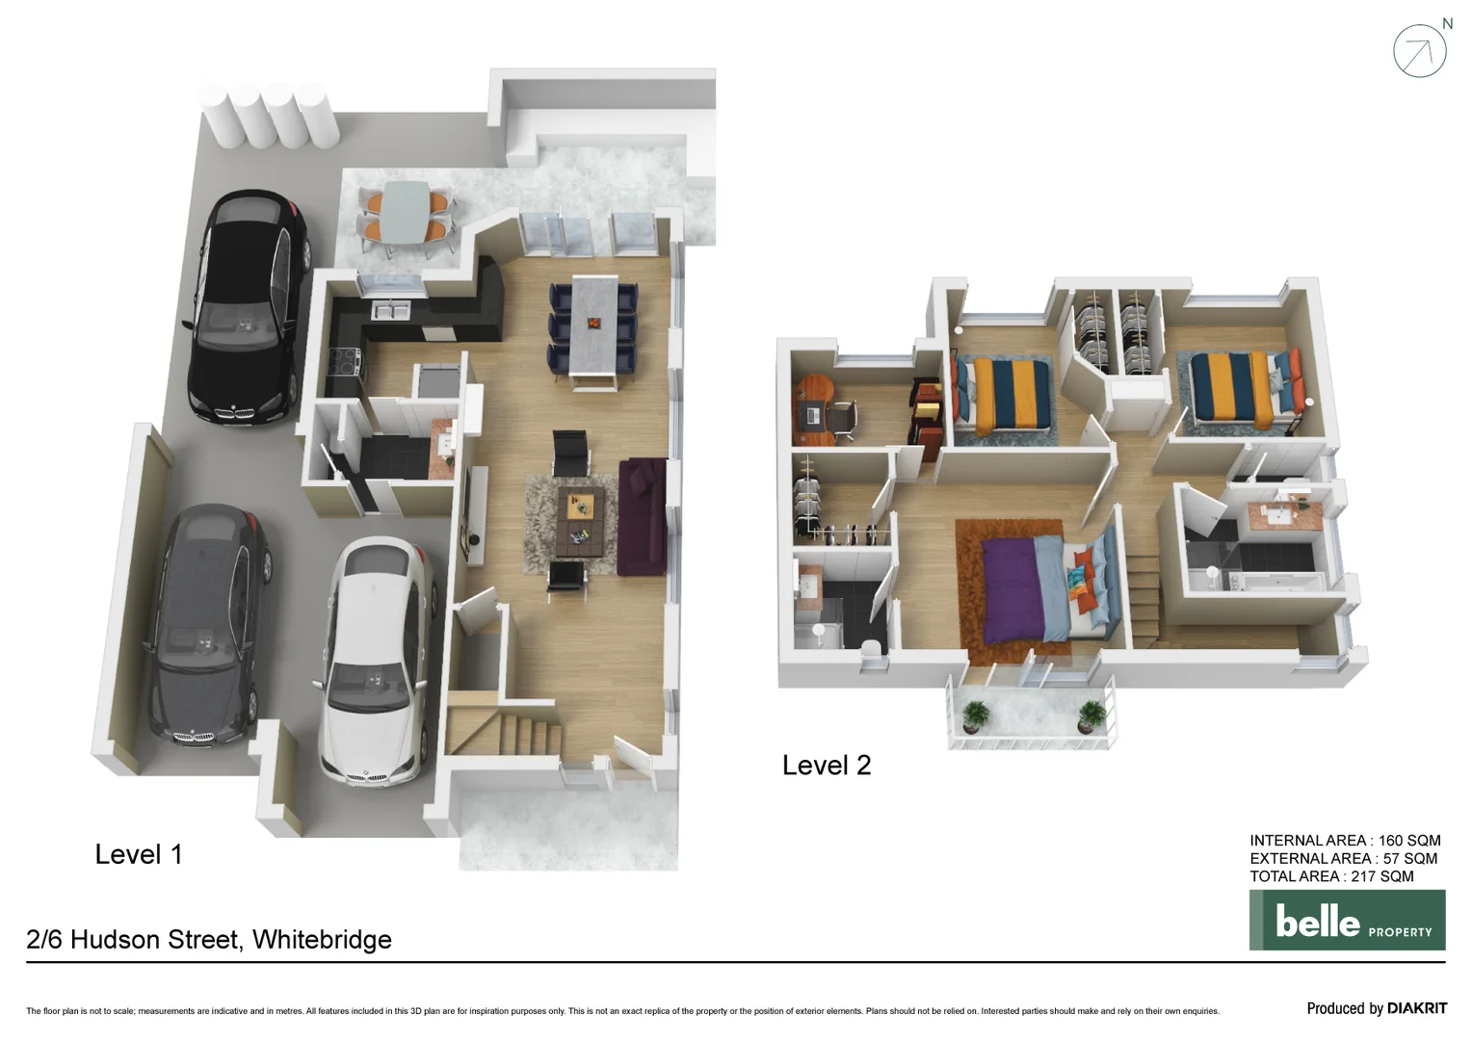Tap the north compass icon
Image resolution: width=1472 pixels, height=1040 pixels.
[1419, 51]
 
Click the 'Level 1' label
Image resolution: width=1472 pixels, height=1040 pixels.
[138, 854]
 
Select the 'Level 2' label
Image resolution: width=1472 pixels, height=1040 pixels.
[826, 766]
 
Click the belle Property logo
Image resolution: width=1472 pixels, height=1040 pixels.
[1347, 921]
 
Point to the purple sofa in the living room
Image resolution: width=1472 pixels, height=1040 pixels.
[642, 516]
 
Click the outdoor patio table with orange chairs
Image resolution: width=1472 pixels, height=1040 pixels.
[405, 214]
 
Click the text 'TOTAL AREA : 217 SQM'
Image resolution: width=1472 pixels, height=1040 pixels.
[1331, 876]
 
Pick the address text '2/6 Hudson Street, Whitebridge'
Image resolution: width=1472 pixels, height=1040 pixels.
[209, 940]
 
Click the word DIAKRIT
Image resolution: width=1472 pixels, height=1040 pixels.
[1416, 1008]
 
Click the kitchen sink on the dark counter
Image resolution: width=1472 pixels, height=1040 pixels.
[391, 311]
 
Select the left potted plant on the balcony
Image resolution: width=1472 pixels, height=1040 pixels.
[976, 715]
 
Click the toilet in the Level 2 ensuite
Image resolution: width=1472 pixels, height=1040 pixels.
[872, 650]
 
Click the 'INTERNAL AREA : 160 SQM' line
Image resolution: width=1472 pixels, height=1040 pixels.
[1345, 841]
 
